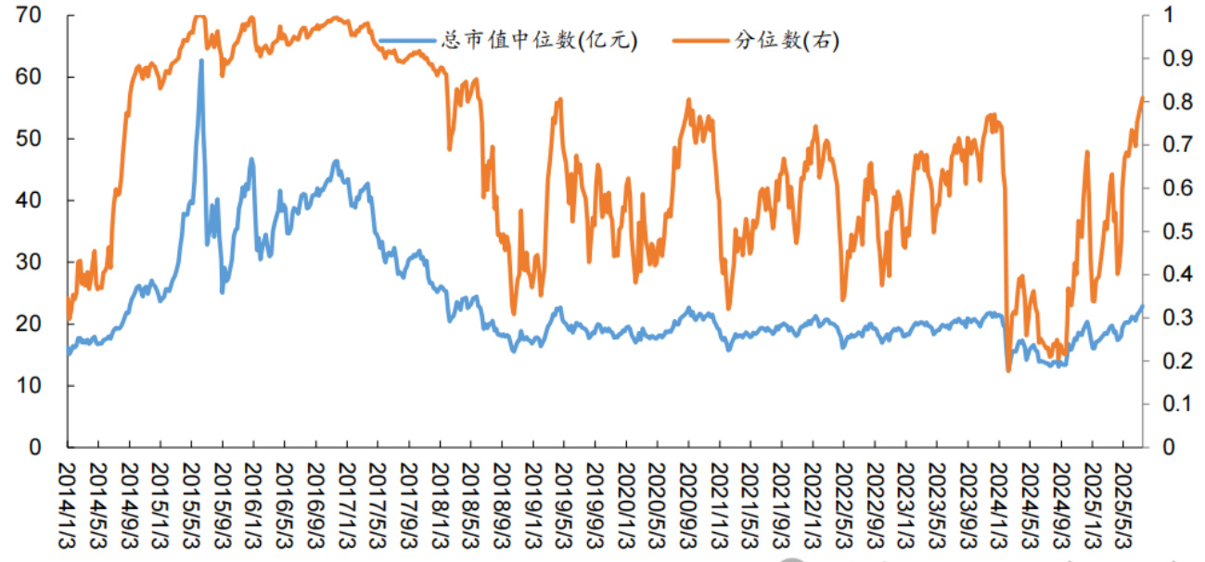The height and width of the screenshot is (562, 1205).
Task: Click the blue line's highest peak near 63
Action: click(201, 60)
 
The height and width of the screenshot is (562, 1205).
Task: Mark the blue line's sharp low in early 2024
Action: click(1008, 370)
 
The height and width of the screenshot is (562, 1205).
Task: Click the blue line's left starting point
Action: click(68, 353)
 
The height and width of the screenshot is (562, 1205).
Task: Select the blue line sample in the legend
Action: click(407, 40)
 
